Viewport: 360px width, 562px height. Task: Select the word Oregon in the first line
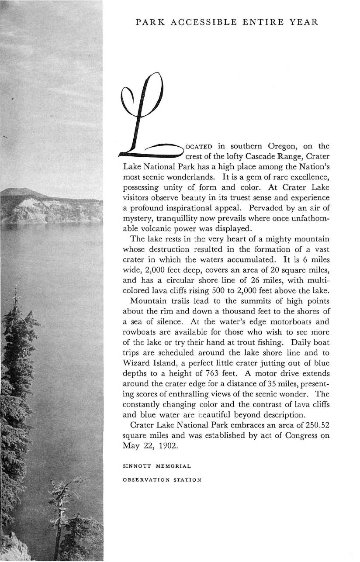pyautogui.click(x=277, y=145)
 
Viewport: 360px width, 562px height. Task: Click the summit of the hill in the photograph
pyautogui.click(x=28, y=189)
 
